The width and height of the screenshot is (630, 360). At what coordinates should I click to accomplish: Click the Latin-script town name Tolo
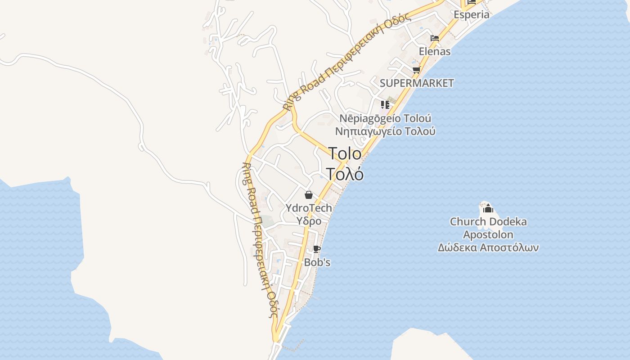click(345, 153)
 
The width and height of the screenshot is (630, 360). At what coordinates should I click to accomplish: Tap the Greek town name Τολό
click(345, 174)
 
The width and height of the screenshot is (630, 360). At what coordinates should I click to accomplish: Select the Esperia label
click(471, 14)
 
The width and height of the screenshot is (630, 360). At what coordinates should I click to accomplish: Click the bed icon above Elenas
click(435, 38)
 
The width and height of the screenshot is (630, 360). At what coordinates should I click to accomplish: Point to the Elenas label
click(435, 51)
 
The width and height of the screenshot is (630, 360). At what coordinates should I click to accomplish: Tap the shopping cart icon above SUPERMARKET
click(416, 70)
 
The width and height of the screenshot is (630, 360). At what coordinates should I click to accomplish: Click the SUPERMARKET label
click(417, 83)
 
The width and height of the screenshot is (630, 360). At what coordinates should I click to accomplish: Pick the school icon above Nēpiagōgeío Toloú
click(385, 105)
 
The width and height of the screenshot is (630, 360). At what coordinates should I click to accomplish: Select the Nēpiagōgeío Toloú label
click(385, 118)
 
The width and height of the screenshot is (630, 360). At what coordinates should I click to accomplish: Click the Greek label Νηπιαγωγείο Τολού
click(385, 131)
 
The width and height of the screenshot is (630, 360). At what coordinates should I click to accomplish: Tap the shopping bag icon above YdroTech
click(309, 195)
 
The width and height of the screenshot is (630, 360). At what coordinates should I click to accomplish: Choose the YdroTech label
click(309, 208)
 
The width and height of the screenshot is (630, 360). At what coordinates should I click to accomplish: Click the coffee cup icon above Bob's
click(317, 249)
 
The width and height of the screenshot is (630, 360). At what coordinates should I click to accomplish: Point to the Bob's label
click(317, 262)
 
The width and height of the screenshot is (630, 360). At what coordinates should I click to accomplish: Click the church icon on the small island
click(488, 208)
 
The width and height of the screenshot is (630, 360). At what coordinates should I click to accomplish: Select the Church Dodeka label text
click(488, 221)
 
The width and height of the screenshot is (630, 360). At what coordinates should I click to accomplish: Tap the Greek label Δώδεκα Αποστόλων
click(488, 247)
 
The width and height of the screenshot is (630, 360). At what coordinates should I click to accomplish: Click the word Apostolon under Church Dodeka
click(488, 234)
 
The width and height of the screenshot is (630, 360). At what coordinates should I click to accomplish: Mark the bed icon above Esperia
click(472, 2)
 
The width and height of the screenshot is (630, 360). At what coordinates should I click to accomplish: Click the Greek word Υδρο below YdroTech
click(309, 221)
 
